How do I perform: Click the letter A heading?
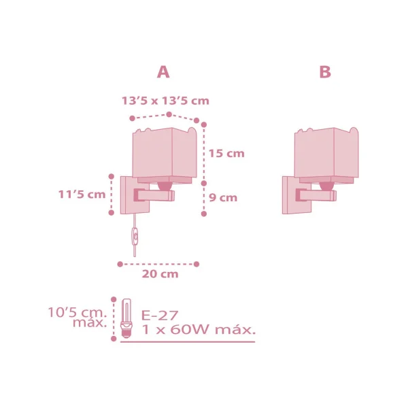click(x=163, y=72)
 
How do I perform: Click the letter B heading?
click(x=325, y=72)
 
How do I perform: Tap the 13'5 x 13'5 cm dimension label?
click(x=165, y=101)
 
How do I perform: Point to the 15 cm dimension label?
click(x=226, y=154)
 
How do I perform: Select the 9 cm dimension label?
click(x=223, y=198)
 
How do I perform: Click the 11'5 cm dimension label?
click(x=82, y=194)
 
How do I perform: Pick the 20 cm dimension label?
click(x=160, y=274)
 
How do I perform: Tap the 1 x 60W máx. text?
click(x=198, y=330)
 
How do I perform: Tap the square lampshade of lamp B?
click(x=325, y=153)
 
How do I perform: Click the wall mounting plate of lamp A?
click(x=128, y=195)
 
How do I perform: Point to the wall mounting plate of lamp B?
click(x=290, y=195)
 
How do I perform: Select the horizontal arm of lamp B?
click(x=318, y=196)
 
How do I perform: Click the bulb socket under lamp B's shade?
click(x=326, y=184)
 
